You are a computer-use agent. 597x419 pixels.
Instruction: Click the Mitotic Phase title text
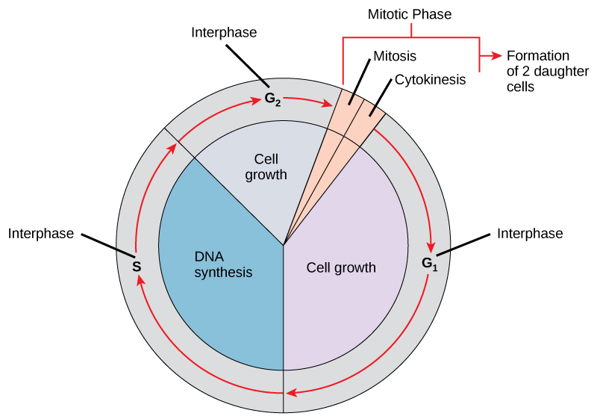[x=410, y=14]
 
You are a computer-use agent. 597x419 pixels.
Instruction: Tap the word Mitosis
[x=394, y=55]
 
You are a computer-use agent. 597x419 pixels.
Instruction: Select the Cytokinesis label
[x=430, y=78]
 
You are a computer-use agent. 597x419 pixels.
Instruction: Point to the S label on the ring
[x=137, y=266]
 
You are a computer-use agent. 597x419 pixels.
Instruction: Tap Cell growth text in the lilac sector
[x=341, y=267]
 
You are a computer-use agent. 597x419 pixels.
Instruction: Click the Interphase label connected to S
[x=41, y=234]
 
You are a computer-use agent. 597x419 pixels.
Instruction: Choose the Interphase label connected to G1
[x=530, y=234]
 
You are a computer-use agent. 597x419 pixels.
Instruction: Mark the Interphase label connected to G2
[x=224, y=32]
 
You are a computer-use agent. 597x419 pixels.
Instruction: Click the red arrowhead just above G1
[x=431, y=248]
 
